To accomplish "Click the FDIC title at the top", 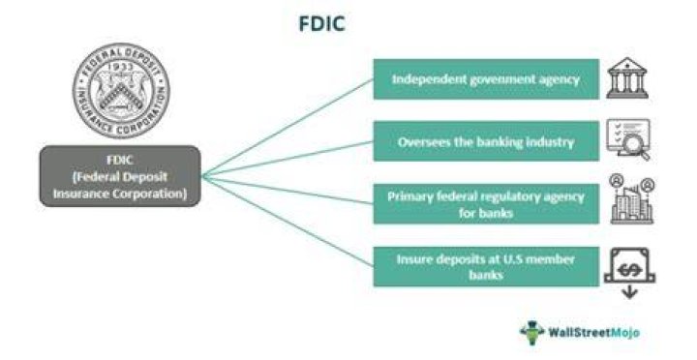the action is [321, 23].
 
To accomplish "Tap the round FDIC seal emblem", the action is [121, 90].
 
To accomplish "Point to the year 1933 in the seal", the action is [121, 66].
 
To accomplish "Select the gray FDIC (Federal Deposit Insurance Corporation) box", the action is [120, 176].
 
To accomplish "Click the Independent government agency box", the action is [486, 79].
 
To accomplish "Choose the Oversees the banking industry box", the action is [486, 141].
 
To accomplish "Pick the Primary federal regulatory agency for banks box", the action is [486, 204].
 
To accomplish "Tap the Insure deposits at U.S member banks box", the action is [486, 267].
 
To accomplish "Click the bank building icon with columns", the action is [627, 77].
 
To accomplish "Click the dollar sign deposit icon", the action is [629, 266].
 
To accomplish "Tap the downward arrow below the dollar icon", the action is [629, 292].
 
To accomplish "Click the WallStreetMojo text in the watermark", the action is [593, 332].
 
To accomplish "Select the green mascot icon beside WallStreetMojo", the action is [532, 332].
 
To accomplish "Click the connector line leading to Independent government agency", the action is [288, 128].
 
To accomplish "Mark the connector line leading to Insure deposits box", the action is [288, 222].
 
